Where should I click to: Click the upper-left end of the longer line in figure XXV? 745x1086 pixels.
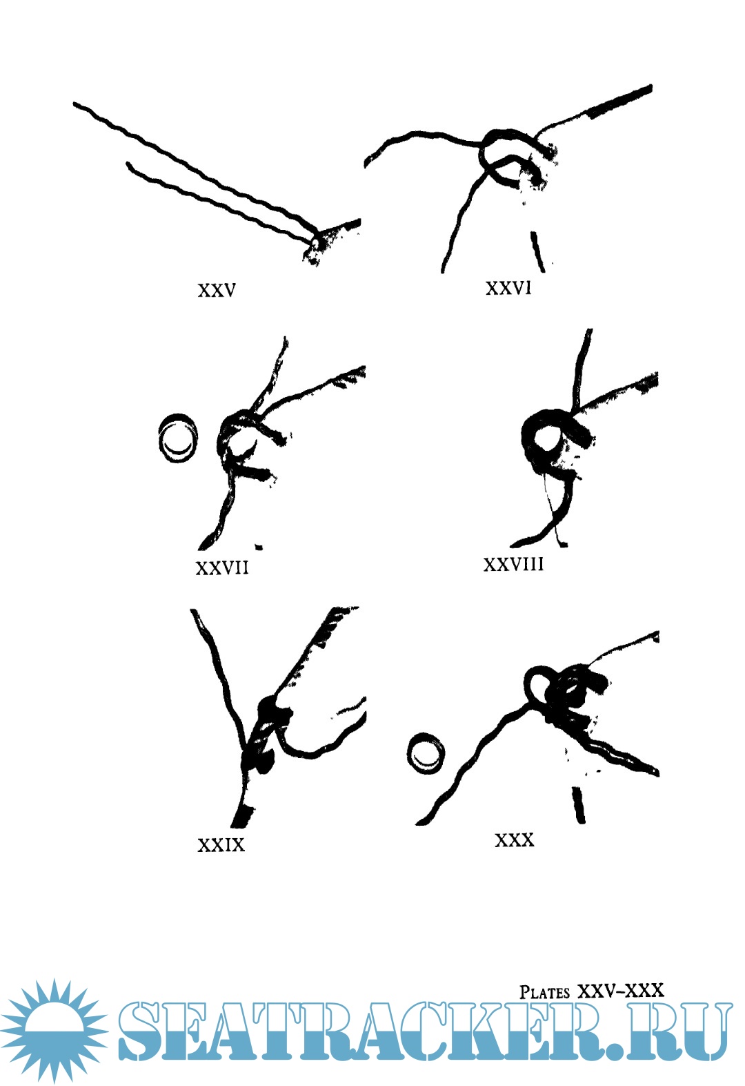pyautogui.click(x=74, y=104)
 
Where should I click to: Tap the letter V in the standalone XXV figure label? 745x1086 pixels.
pyautogui.click(x=230, y=291)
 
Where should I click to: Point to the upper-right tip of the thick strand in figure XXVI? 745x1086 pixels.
pyautogui.click(x=650, y=87)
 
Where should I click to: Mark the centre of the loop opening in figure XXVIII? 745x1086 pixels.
pyautogui.click(x=546, y=438)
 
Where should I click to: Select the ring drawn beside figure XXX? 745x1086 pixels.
pyautogui.click(x=426, y=753)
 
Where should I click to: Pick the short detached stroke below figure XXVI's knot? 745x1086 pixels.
pyautogui.click(x=537, y=251)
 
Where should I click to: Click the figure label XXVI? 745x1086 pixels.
pyautogui.click(x=508, y=289)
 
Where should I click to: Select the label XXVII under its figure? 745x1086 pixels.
pyautogui.click(x=222, y=568)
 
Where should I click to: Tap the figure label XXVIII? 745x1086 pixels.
pyautogui.click(x=513, y=564)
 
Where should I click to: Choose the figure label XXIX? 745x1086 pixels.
pyautogui.click(x=221, y=845)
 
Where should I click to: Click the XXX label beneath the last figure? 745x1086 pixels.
pyautogui.click(x=514, y=840)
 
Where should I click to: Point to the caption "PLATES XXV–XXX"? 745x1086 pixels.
pyautogui.click(x=591, y=991)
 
